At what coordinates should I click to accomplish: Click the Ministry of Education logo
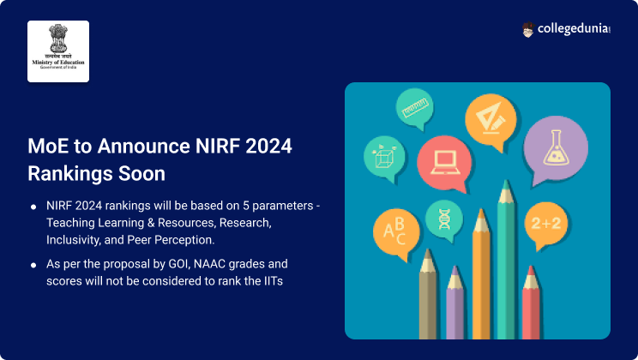click(58, 51)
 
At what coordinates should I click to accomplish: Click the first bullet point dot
click(33, 207)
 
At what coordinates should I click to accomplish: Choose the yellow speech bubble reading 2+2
click(545, 225)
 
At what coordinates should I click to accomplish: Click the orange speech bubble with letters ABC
click(394, 231)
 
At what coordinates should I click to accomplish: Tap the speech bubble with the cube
click(383, 156)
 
